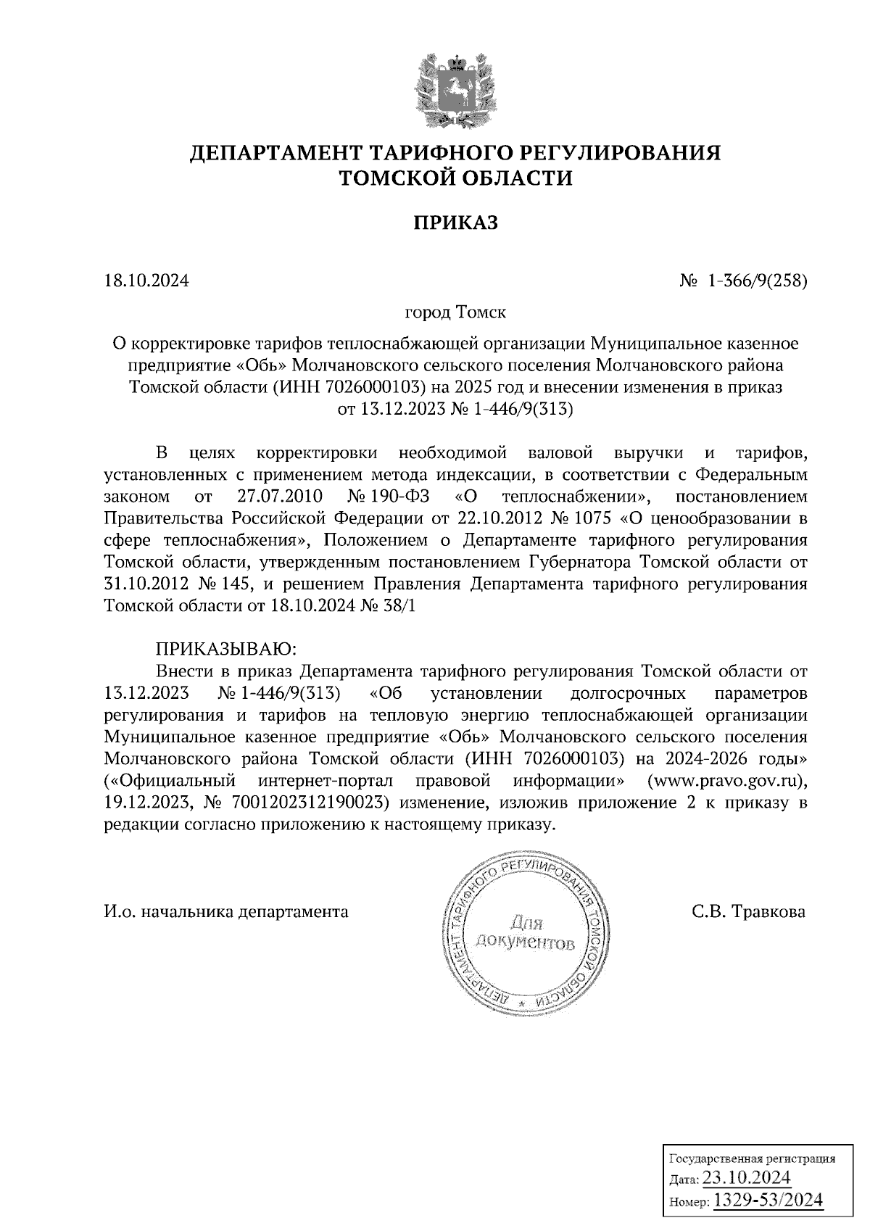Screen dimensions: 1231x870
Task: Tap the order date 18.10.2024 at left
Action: pos(146,280)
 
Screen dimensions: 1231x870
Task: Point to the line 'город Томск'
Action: pos(455,312)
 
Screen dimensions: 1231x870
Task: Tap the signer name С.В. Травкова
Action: pos(748,911)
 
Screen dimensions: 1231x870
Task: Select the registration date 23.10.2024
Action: pos(754,1177)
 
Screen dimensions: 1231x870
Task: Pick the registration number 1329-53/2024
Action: pos(768,1201)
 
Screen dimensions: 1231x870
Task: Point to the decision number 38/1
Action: pos(403,606)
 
